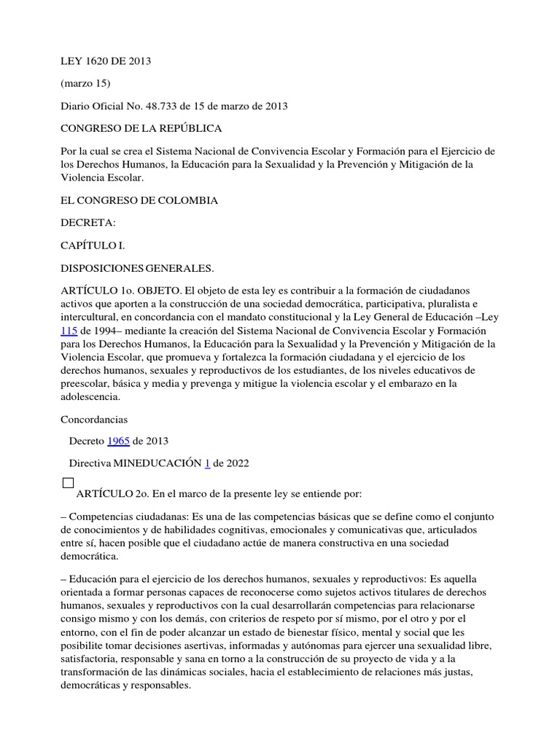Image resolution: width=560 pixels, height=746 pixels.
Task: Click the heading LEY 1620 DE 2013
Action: (105, 61)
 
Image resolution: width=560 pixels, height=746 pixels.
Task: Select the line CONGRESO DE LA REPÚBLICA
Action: (141, 129)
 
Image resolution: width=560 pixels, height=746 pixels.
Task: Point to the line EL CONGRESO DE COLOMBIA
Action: (139, 200)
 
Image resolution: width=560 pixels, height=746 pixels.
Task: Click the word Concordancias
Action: (95, 420)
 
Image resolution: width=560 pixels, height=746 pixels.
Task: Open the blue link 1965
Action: (119, 441)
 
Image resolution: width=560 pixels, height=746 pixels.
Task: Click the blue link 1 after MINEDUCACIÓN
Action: (207, 463)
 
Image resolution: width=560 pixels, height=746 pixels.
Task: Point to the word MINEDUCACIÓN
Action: (156, 463)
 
